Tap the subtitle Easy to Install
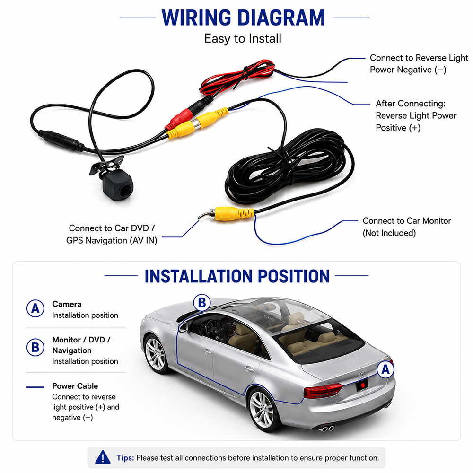243,39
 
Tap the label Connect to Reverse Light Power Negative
419,64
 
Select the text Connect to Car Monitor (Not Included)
407,227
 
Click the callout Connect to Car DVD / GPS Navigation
112,234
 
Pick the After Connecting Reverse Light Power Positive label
416,115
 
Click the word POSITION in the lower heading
294,276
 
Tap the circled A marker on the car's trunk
385,369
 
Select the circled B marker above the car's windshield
202,303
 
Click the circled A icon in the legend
35,308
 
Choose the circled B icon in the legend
35,347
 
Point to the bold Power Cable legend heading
75,386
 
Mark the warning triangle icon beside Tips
103,457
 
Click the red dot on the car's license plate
363,385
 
